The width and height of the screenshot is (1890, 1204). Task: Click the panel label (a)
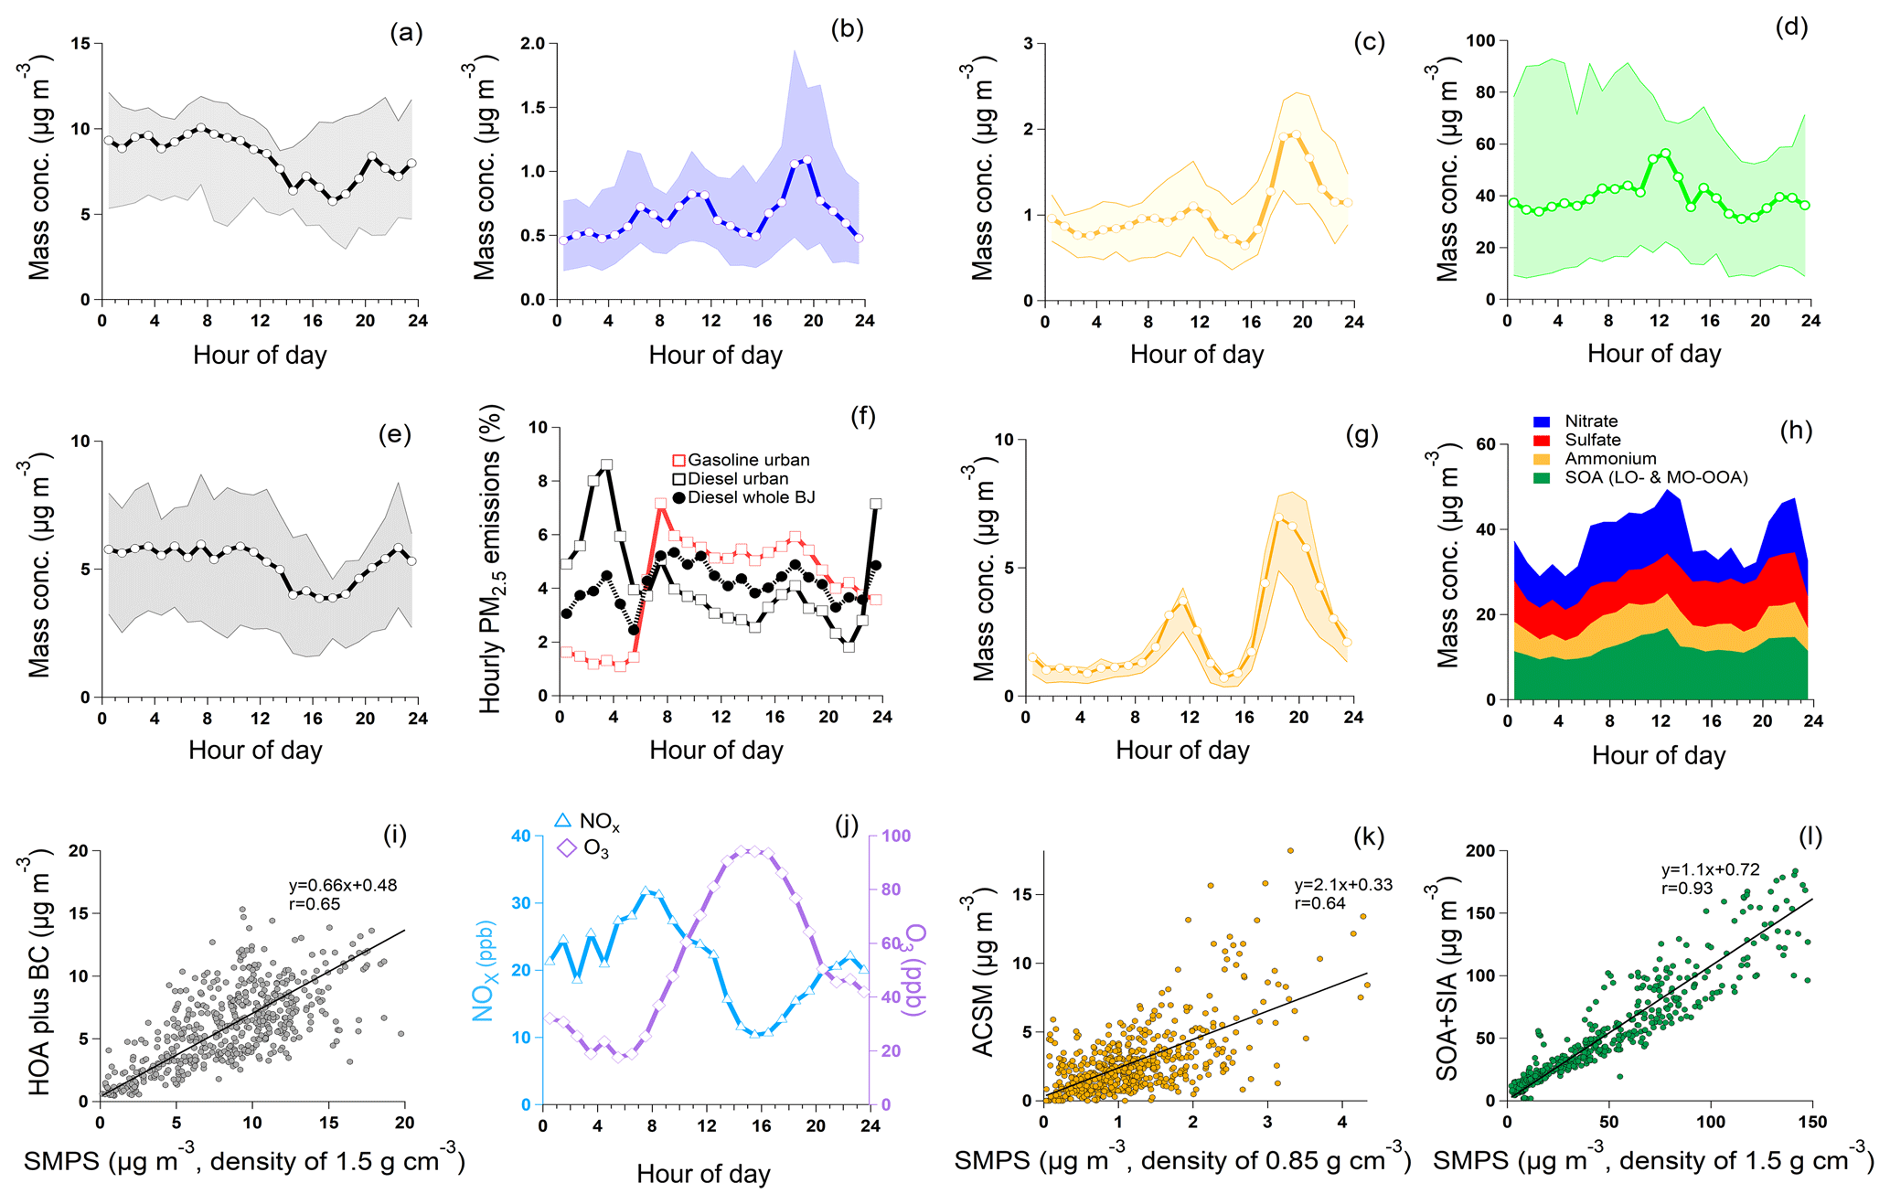pos(406,34)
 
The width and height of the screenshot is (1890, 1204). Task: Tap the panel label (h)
pos(1796,431)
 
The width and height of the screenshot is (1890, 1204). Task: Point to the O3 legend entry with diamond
pos(582,849)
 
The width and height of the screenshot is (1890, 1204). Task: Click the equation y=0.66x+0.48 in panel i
pos(343,885)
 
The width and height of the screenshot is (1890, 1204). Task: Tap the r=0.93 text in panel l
pos(1687,888)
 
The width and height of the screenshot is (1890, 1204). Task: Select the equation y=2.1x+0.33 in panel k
pos(1343,884)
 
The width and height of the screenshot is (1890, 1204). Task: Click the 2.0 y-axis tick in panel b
pos(532,44)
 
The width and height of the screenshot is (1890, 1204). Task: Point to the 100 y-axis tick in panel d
pos(1480,40)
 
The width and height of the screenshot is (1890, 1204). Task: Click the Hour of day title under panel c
pos(1196,355)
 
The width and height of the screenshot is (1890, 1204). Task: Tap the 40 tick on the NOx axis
pos(521,836)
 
